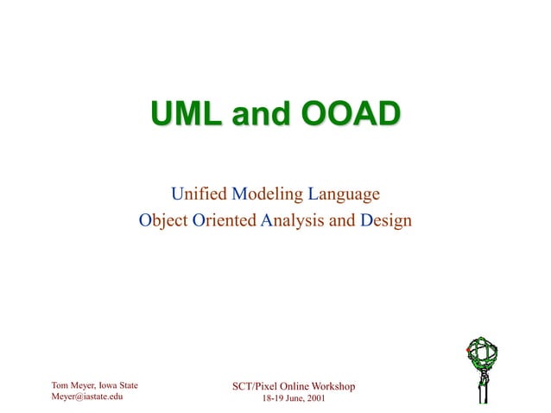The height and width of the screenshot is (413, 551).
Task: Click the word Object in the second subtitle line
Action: [x=163, y=220]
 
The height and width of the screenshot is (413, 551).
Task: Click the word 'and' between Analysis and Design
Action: [x=343, y=220]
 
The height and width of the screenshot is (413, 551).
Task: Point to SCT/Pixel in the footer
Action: [x=255, y=385]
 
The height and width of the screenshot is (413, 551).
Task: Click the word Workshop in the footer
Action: [x=331, y=385]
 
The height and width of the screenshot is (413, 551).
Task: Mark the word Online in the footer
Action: [x=290, y=385]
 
